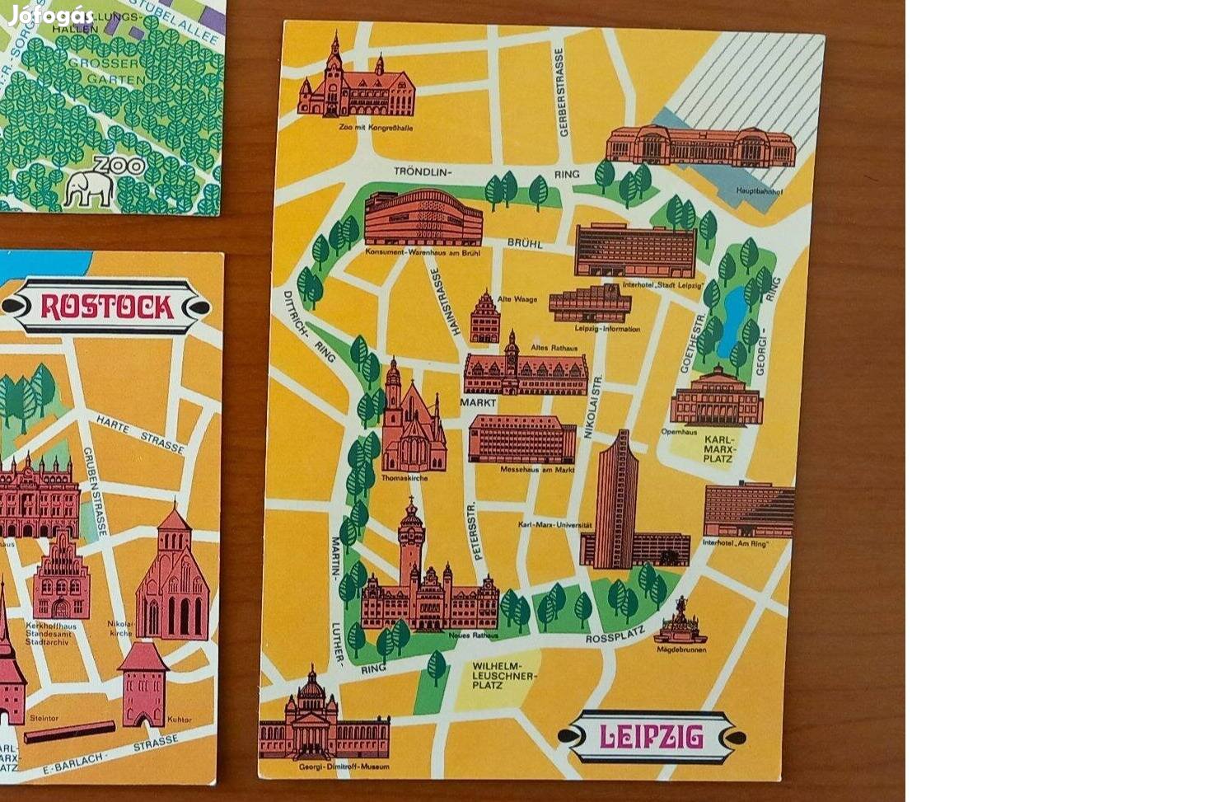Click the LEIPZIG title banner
(x=651, y=736)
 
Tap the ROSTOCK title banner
(x=106, y=307)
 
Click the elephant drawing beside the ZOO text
(x=89, y=189)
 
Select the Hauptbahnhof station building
(x=701, y=147)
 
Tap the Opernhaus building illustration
(x=716, y=399)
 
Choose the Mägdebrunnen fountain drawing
(x=680, y=622)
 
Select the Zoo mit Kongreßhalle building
(x=356, y=82)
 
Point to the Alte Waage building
(x=484, y=318)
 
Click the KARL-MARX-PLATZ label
(x=718, y=449)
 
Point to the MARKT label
(x=478, y=403)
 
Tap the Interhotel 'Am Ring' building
(x=748, y=511)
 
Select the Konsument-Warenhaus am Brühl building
(x=423, y=218)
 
